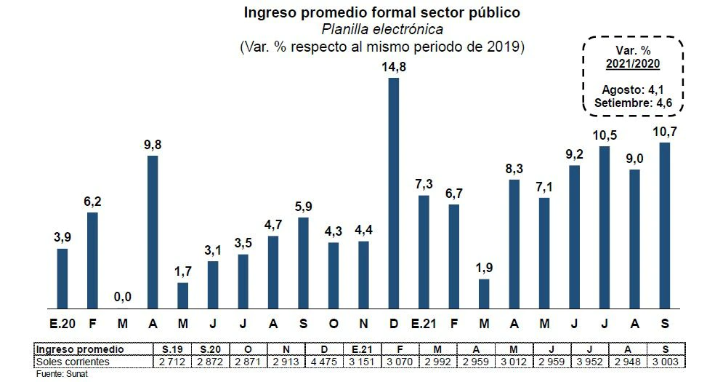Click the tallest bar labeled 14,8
(x=393, y=193)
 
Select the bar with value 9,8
(x=153, y=232)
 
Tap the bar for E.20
(x=62, y=279)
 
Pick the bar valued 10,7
(x=664, y=226)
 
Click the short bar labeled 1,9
(x=484, y=294)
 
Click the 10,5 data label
(x=605, y=136)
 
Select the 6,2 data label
(x=92, y=202)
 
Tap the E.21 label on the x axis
(x=423, y=322)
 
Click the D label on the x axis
(x=393, y=322)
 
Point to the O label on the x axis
(x=333, y=322)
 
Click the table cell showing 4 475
(x=324, y=362)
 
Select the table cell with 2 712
(x=173, y=362)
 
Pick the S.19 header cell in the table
(x=173, y=350)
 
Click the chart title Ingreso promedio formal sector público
(x=382, y=12)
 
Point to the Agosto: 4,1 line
(x=633, y=89)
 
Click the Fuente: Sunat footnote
(x=57, y=373)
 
